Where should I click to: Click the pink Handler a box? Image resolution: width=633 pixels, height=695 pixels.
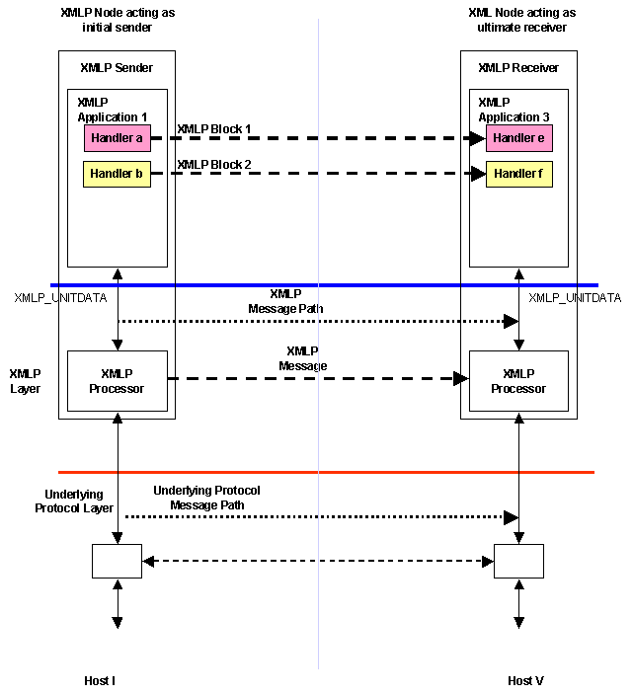point(117,138)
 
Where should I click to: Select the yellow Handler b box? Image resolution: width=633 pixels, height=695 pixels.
point(117,175)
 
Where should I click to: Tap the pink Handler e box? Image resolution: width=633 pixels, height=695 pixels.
point(518,138)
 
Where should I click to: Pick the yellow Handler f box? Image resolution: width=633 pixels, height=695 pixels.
point(518,175)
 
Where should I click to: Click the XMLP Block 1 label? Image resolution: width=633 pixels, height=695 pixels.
point(213,129)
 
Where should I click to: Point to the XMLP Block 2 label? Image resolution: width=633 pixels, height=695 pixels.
point(213,165)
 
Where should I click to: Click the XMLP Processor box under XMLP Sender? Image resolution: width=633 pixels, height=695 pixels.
point(117,381)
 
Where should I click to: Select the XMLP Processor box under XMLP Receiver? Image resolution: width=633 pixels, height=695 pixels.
point(518,381)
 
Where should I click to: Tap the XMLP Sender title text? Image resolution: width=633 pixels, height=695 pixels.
point(117,68)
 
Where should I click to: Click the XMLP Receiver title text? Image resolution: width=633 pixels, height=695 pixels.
point(518,68)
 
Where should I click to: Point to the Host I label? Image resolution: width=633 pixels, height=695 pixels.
point(101,681)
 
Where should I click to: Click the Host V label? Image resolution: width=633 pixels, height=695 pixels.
point(525,681)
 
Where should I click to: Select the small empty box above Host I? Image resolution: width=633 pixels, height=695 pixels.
point(117,561)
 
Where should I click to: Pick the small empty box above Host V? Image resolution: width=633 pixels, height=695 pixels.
point(518,561)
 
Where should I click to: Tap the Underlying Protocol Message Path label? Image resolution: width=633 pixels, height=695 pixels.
point(206,498)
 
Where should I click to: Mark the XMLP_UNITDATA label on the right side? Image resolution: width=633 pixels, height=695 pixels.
point(575,298)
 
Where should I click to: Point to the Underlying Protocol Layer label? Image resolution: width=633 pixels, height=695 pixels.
point(74,501)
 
